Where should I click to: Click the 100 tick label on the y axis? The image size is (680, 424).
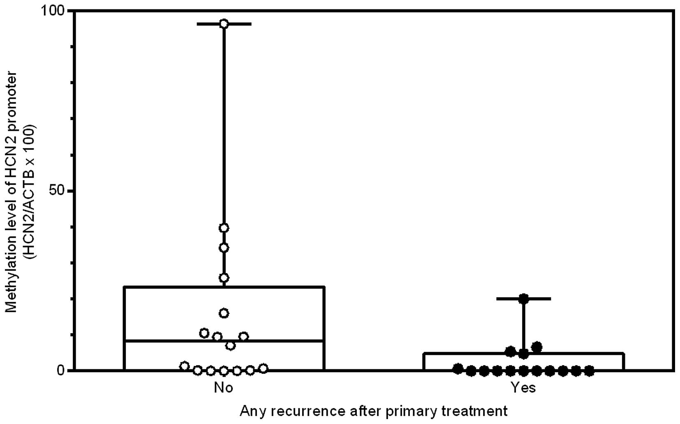pos(53,11)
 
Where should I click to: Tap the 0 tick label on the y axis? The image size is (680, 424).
pos(61,371)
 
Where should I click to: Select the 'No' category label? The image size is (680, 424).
pos(224,387)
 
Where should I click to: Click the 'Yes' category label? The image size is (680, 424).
pos(523,387)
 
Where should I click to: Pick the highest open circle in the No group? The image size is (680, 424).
pos(224,24)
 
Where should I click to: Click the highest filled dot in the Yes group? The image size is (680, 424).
pos(523,299)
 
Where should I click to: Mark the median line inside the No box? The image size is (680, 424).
pos(224,341)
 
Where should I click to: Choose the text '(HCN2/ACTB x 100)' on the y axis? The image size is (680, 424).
pos(30,191)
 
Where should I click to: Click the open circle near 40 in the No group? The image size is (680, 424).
pos(224,228)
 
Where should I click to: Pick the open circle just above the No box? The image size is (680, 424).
pos(224,278)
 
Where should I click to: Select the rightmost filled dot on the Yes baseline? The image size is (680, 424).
pos(589,371)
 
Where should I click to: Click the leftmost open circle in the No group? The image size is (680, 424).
pos(185,366)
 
